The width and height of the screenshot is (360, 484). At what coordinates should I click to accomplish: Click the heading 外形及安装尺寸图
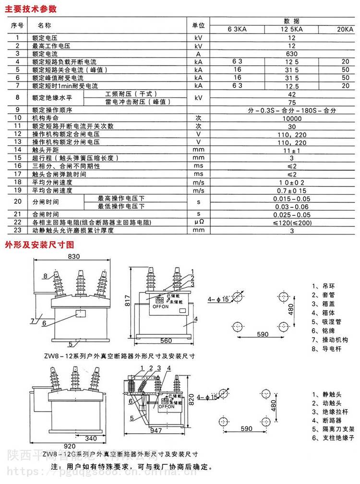click(39, 244)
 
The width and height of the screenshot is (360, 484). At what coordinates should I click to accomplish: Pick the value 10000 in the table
click(292, 118)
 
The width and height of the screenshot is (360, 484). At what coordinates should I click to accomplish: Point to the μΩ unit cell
click(199, 222)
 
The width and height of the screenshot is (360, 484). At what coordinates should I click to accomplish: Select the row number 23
click(18, 230)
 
